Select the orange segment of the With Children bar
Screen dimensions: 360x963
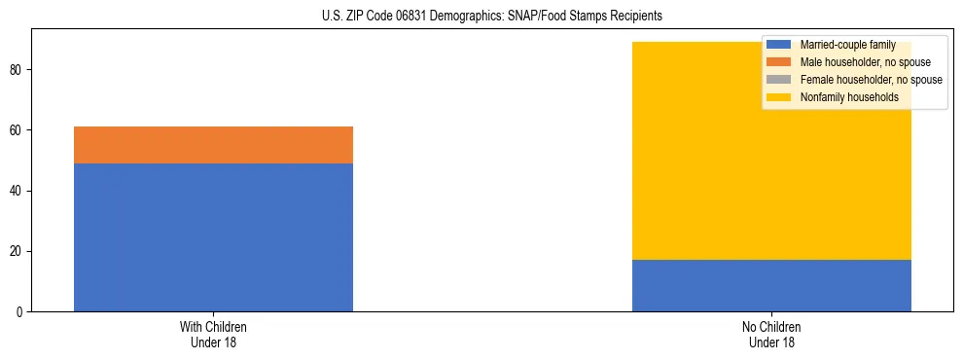tap(213, 145)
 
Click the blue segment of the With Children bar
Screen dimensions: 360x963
tap(213, 236)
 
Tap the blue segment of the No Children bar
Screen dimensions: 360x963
tap(771, 285)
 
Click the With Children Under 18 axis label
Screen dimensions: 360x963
tap(213, 334)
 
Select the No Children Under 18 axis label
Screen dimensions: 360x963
tap(771, 334)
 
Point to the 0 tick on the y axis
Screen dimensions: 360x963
tap(20, 311)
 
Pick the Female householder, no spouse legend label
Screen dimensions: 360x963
tap(871, 80)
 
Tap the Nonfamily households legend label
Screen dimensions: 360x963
tap(849, 97)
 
